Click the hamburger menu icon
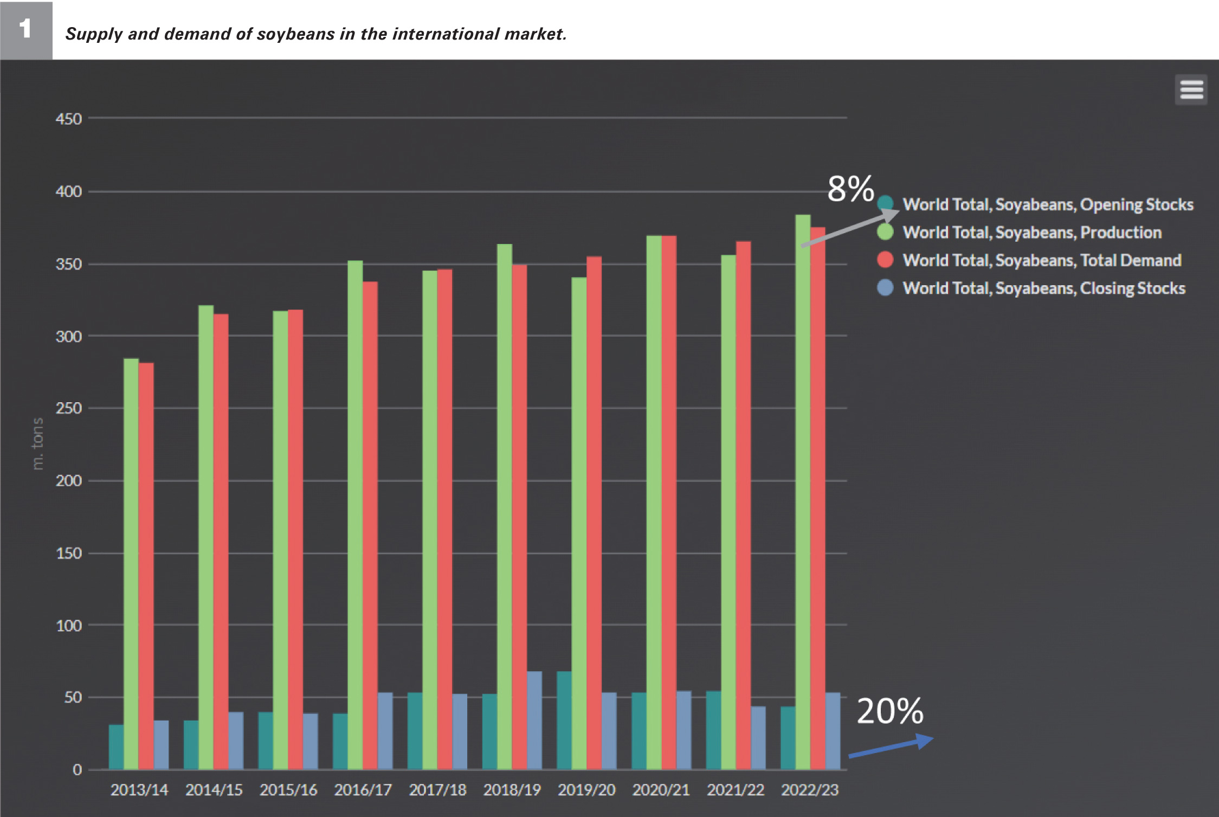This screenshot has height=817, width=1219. tap(1191, 89)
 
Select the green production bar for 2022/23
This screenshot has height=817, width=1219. tap(803, 488)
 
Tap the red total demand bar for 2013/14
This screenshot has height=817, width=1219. tap(146, 564)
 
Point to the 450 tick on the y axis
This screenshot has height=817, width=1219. tap(69, 119)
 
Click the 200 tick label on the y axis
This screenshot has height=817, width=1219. tap(69, 481)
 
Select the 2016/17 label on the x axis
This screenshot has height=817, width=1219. tap(363, 790)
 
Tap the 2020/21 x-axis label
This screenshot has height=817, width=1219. tap(661, 790)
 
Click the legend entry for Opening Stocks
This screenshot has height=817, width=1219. tap(1047, 204)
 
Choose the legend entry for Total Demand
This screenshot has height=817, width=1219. tap(1041, 260)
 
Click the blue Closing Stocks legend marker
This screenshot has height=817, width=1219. tap(885, 288)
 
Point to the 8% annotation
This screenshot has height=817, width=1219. tap(850, 189)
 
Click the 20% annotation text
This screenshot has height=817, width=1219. tap(889, 711)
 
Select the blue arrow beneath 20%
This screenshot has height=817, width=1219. tap(891, 747)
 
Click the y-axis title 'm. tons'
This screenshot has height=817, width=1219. tap(37, 443)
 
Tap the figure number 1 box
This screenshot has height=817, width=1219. tap(26, 30)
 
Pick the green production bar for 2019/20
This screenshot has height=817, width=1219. tap(579, 520)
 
